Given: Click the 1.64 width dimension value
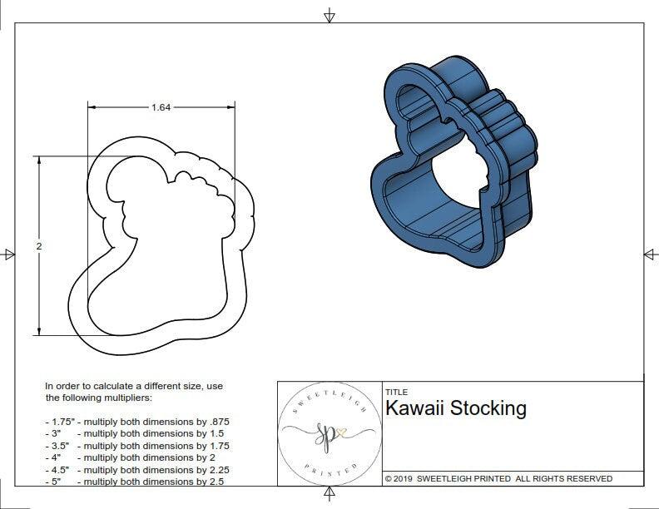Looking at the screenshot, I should (162, 107).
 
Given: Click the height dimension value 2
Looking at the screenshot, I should (39, 246).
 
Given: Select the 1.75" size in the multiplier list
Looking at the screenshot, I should (61, 422).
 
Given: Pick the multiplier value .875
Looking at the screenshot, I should (217, 422).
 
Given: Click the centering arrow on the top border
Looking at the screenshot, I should (329, 15).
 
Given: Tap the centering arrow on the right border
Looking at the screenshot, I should (650, 254).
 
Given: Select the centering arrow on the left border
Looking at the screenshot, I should (8, 254).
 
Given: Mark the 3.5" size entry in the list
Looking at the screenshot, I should (57, 446).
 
